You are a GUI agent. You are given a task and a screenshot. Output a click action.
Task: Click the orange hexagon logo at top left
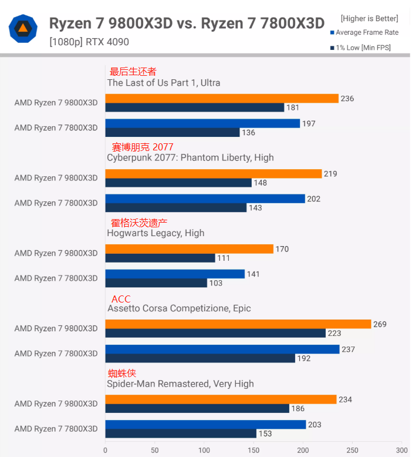(23, 28)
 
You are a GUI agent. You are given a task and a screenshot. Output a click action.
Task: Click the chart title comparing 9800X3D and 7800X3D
(186, 23)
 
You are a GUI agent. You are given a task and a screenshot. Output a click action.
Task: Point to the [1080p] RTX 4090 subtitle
(89, 42)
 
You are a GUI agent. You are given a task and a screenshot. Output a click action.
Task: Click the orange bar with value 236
(222, 99)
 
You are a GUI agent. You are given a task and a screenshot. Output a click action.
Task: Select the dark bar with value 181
(195, 107)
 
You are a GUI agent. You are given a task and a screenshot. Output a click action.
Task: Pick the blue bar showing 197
(202, 123)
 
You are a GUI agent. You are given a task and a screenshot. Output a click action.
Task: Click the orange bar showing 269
(238, 324)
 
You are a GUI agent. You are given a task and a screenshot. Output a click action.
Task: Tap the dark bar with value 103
(156, 283)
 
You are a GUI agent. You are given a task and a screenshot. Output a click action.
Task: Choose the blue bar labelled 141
(175, 274)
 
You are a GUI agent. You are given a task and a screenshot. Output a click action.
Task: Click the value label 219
(330, 174)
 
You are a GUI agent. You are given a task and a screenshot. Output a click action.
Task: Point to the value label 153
(265, 434)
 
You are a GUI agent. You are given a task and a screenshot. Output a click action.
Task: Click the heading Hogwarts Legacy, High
(156, 233)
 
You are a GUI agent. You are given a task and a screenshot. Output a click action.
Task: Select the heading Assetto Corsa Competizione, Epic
(179, 308)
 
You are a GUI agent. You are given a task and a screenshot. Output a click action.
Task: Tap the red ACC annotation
(121, 299)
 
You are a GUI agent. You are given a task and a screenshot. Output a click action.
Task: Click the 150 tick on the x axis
(254, 450)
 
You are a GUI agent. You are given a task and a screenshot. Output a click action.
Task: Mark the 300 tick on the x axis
(401, 450)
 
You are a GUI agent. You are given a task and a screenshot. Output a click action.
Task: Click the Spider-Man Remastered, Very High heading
(180, 384)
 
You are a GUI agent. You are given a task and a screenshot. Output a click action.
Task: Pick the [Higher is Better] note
(369, 19)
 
